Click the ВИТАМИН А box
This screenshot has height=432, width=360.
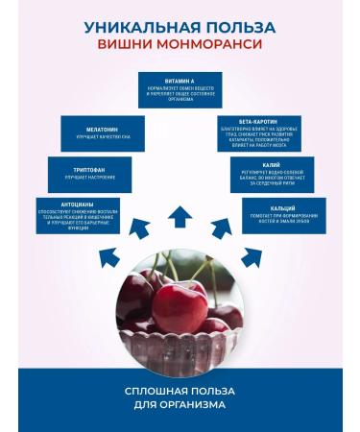click(x=180, y=89)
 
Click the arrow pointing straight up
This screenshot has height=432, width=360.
click(x=180, y=217)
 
